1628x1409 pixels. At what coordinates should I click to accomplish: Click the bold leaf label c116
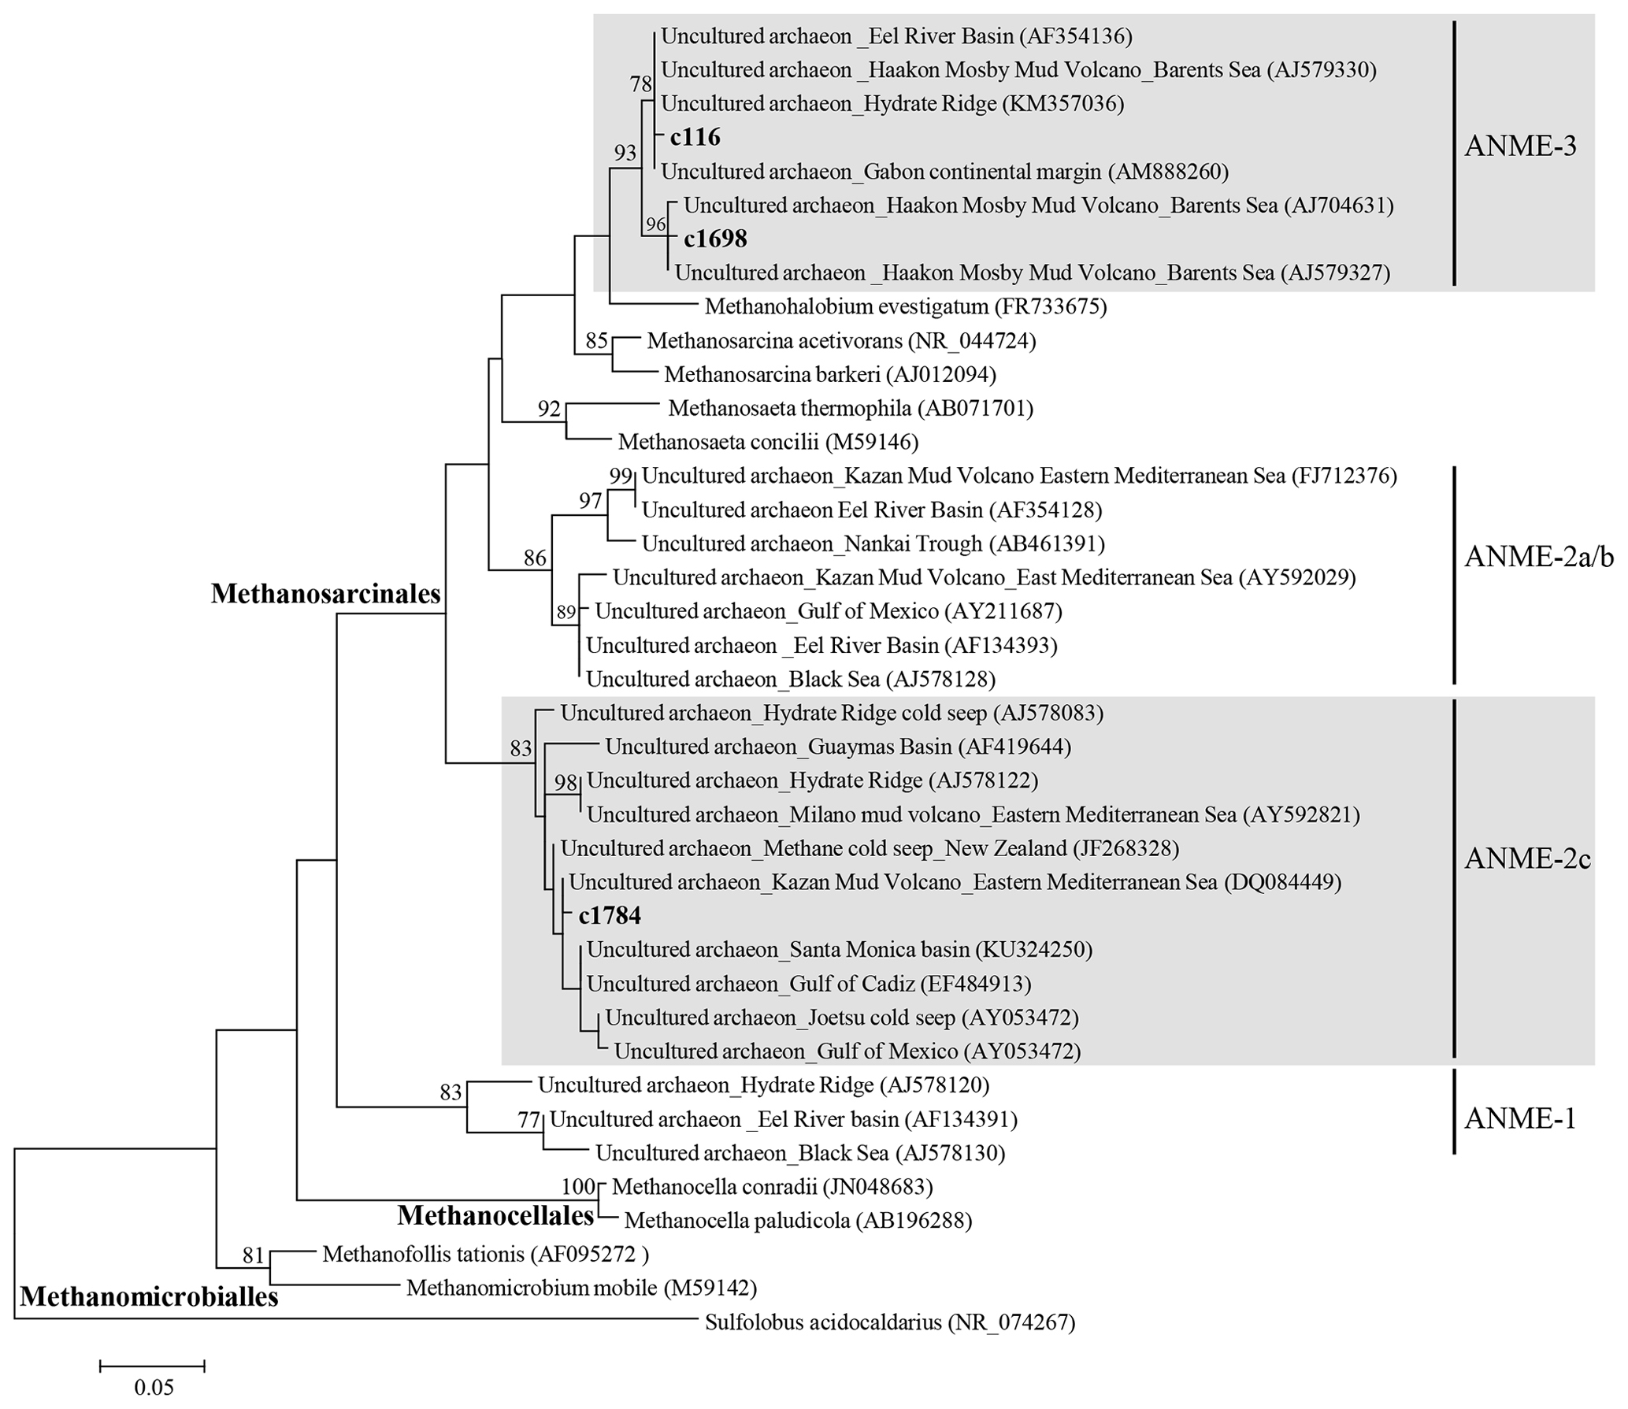click(695, 137)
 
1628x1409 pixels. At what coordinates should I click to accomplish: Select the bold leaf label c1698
click(715, 239)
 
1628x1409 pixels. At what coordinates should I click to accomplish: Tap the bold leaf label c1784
click(610, 915)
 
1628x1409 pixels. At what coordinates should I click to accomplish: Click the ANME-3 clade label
click(1520, 146)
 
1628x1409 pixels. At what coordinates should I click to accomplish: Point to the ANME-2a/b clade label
click(1538, 557)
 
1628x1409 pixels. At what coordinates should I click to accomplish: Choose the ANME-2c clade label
click(1527, 858)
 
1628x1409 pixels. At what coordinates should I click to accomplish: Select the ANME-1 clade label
click(1520, 1118)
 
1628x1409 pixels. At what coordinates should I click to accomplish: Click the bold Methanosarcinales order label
click(325, 594)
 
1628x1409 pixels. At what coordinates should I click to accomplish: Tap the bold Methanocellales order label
click(495, 1215)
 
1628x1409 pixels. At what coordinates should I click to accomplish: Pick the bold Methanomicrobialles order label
click(149, 1296)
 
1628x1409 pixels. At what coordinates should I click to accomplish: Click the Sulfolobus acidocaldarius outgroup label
click(890, 1322)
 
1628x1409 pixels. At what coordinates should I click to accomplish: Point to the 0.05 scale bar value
click(154, 1387)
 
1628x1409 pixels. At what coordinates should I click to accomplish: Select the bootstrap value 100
click(579, 1186)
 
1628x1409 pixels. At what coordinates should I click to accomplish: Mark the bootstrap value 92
click(549, 409)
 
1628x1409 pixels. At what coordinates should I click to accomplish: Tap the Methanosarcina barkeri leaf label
click(830, 375)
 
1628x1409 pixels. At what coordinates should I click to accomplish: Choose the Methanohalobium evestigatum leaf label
click(906, 306)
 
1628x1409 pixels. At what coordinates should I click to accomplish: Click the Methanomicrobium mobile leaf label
click(581, 1288)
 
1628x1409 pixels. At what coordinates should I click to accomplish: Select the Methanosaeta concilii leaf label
click(768, 442)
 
